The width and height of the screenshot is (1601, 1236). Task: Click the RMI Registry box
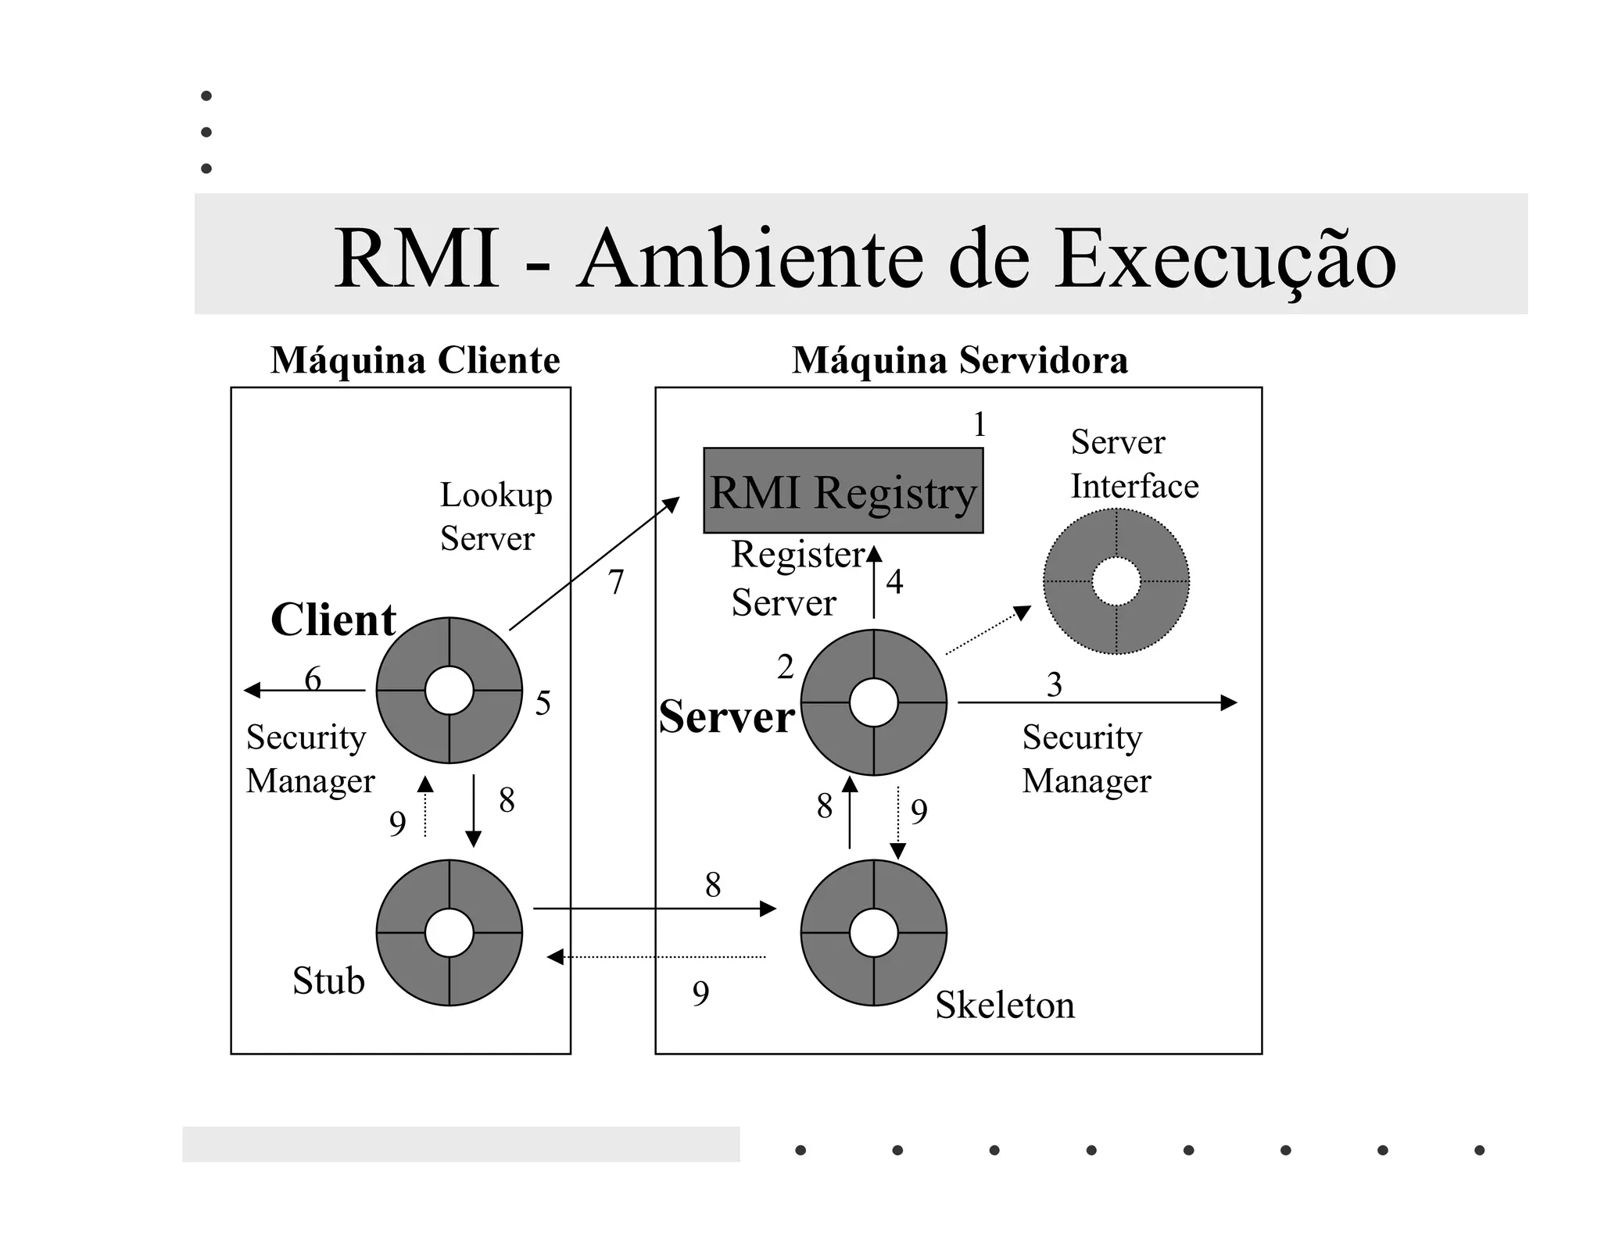click(x=843, y=491)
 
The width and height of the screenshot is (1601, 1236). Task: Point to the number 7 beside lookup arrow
click(x=616, y=582)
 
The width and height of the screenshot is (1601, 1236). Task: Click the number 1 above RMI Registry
click(x=979, y=425)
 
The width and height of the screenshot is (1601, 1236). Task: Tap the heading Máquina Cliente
click(x=415, y=360)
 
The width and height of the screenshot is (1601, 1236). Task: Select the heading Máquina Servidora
click(x=959, y=360)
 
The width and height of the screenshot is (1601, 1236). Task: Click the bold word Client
click(x=333, y=620)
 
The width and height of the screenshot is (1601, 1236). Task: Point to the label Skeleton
click(x=1005, y=1005)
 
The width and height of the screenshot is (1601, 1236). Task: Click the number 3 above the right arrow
click(x=1054, y=685)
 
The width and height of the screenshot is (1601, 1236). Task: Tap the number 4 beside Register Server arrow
click(x=894, y=582)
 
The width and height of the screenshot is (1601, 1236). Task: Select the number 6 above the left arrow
click(x=313, y=678)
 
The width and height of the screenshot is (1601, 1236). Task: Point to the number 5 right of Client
click(x=543, y=703)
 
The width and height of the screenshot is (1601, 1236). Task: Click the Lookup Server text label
click(x=495, y=516)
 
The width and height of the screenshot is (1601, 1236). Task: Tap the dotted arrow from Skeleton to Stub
click(x=657, y=957)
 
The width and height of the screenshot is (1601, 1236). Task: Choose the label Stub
click(x=328, y=981)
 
